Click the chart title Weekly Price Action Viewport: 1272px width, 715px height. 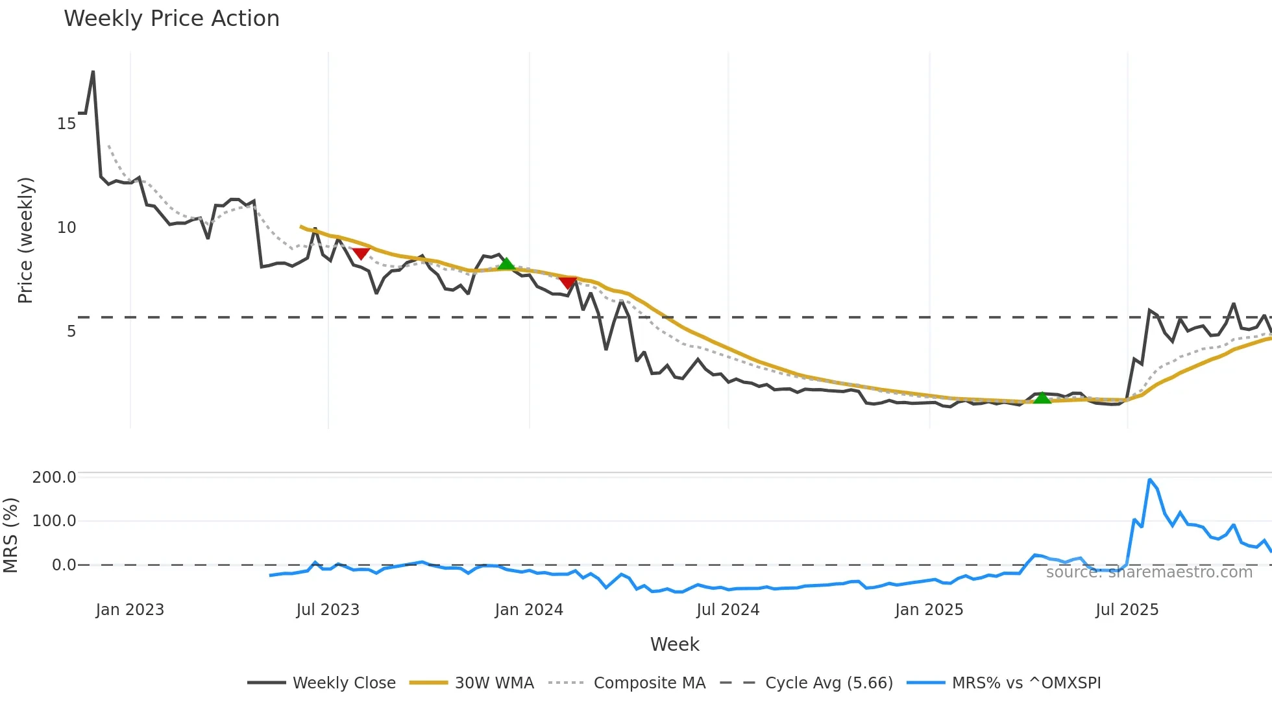click(171, 19)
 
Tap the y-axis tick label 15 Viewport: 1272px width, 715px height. click(67, 123)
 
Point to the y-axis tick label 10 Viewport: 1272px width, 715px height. click(67, 227)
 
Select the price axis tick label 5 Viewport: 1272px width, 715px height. click(71, 331)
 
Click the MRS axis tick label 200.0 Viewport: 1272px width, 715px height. click(55, 477)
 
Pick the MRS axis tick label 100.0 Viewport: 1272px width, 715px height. click(55, 520)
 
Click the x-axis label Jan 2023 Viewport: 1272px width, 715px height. click(130, 609)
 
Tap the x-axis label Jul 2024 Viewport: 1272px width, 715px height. click(728, 609)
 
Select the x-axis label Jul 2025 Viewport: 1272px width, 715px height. click(1127, 609)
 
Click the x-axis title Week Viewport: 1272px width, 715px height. click(674, 644)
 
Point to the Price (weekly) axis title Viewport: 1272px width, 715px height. click(25, 240)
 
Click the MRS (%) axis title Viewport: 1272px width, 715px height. click(11, 535)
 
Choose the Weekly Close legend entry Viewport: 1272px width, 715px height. click(344, 683)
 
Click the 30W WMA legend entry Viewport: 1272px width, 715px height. click(494, 683)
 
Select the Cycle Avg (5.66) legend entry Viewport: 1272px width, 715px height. click(829, 683)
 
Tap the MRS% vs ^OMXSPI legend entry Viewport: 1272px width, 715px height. click(1026, 683)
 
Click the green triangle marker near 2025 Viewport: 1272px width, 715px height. click(1042, 398)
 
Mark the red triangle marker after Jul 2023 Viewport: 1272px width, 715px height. click(361, 253)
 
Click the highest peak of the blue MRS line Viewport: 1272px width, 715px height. click(1149, 480)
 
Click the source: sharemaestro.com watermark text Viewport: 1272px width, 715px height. click(1149, 572)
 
